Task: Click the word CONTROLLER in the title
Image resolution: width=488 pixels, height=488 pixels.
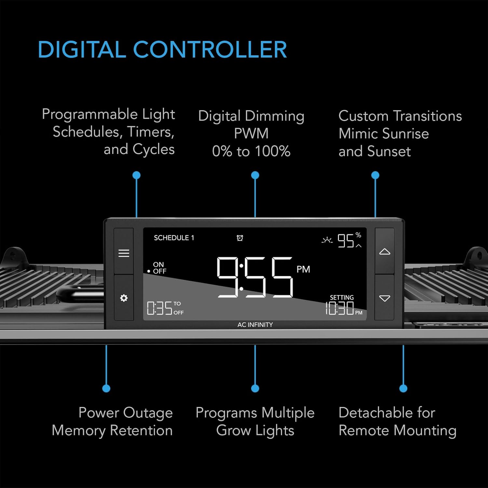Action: [x=210, y=49]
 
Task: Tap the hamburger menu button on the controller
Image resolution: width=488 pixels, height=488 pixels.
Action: [x=124, y=253]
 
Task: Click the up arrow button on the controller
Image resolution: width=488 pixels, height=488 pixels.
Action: [x=385, y=251]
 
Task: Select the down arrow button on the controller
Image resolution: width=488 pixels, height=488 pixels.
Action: [x=385, y=298]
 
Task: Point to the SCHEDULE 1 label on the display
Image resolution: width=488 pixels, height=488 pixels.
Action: [x=174, y=238]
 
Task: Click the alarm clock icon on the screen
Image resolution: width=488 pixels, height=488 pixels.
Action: [x=240, y=238]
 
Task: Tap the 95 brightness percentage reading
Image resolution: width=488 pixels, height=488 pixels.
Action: [x=346, y=241]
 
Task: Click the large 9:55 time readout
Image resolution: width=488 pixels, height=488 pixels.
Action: [x=255, y=277]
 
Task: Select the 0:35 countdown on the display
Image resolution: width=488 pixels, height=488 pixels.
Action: [x=159, y=308]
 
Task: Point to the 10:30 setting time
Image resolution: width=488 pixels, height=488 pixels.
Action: [x=340, y=308]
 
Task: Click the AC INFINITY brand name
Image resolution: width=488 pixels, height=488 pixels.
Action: [x=255, y=325]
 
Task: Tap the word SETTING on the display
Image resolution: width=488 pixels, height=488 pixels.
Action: [x=342, y=297]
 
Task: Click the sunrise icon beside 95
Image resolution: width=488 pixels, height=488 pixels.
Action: [x=327, y=240]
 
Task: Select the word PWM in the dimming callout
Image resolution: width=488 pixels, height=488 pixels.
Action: [x=251, y=133]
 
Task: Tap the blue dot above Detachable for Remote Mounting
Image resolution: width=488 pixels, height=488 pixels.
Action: [x=403, y=388]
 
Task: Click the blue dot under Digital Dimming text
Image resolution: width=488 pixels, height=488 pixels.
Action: [x=255, y=175]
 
